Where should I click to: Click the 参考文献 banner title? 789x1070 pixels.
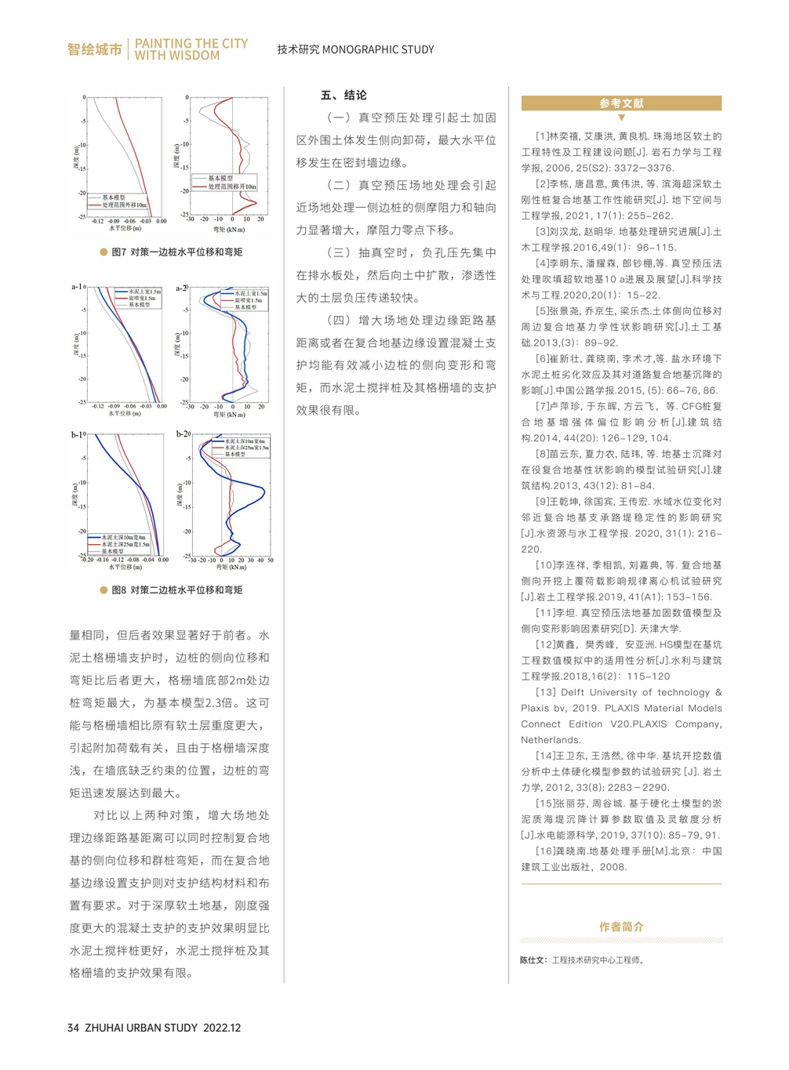point(621,103)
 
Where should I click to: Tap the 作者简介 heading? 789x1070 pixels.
point(621,927)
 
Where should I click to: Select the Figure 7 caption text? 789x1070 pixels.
point(176,252)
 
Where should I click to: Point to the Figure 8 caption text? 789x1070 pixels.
point(176,589)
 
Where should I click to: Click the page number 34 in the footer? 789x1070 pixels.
point(73,1028)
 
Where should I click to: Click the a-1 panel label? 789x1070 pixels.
point(77,287)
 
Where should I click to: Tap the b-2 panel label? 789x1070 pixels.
point(183,433)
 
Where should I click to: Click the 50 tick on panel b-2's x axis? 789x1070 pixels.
point(271,560)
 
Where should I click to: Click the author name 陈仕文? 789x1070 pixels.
point(533,959)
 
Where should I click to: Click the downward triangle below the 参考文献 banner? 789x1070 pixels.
point(621,118)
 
